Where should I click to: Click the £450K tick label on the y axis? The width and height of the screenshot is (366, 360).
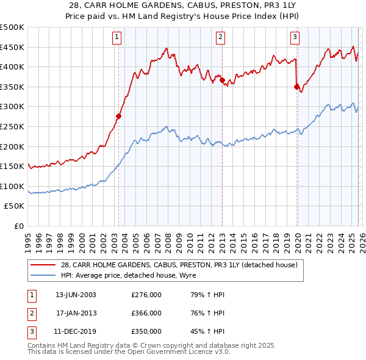[12, 47]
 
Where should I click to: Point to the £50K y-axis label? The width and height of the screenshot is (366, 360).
[15, 206]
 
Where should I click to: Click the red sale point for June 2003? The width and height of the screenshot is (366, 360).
[119, 116]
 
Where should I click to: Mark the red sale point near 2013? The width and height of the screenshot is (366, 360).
[222, 80]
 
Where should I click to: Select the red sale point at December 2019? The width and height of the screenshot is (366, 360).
[296, 87]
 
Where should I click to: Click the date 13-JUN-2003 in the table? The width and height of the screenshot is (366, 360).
[76, 295]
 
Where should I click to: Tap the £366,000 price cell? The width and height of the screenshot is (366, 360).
[146, 313]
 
